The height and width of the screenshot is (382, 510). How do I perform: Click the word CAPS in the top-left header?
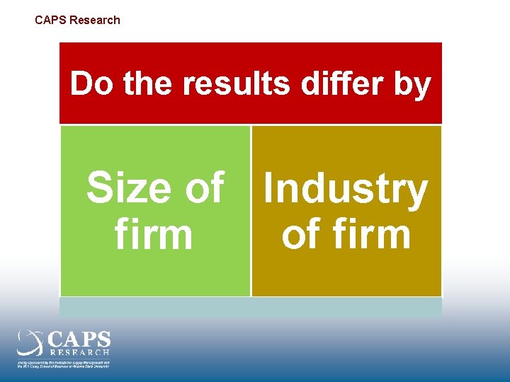[50, 20]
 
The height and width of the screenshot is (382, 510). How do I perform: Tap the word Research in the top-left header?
[95, 20]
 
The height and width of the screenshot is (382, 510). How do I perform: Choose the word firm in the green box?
[153, 236]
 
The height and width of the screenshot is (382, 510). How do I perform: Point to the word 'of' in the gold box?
[304, 236]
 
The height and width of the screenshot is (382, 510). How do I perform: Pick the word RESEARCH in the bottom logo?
[79, 352]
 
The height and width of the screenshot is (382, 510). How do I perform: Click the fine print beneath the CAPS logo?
[64, 363]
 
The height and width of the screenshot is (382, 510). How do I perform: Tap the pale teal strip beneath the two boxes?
[251, 306]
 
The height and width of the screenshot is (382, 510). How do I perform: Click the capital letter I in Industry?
[268, 189]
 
